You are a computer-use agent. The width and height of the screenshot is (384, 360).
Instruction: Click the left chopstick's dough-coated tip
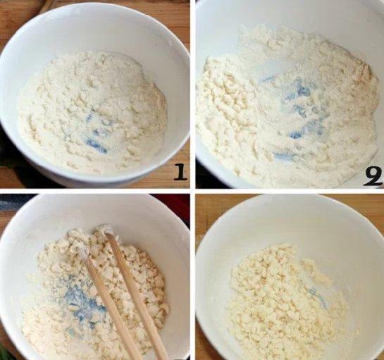(81, 250)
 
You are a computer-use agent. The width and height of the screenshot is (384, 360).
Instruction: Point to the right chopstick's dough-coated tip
(104, 229)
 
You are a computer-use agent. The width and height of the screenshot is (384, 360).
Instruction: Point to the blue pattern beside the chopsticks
(78, 302)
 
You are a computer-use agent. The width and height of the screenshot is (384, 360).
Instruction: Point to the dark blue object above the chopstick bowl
(15, 202)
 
